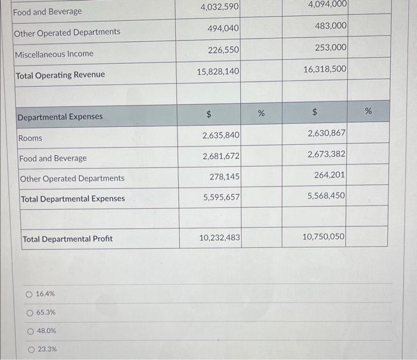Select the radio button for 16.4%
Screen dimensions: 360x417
29,294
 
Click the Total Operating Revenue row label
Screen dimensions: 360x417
60,75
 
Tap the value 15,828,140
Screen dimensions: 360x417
218,72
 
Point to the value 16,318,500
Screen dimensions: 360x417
325,69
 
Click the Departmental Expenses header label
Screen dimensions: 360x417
60,117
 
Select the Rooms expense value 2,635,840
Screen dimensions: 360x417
221,136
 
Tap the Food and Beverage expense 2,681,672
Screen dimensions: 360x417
221,157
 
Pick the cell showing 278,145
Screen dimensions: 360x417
225,177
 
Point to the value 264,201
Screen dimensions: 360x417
330,175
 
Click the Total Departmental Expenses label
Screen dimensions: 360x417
73,199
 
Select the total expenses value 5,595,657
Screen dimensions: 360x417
221,197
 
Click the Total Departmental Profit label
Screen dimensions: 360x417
67,239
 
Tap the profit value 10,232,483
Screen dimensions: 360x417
219,238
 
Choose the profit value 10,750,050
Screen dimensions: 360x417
323,237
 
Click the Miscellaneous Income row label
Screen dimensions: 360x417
54,54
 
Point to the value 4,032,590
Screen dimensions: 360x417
219,7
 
